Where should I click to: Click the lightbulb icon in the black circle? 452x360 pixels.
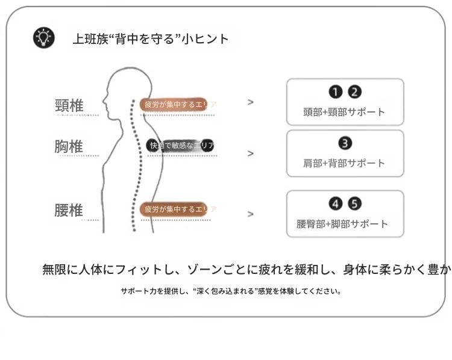click(43, 38)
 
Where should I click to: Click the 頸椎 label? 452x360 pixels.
click(69, 105)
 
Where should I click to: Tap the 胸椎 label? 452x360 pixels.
click(69, 146)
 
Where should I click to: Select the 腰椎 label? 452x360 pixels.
click(69, 210)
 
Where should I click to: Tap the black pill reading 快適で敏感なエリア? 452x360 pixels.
click(180, 145)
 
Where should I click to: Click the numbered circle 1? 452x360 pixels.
click(334, 92)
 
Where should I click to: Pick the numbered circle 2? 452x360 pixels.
click(355, 92)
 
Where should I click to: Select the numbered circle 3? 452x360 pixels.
click(345, 143)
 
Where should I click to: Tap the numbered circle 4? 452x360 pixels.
click(334, 203)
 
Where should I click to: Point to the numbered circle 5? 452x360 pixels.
click(355, 203)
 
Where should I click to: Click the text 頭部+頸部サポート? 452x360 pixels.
click(344, 112)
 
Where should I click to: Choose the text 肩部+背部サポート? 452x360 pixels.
click(344, 163)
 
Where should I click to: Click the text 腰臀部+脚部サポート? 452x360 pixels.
click(342, 224)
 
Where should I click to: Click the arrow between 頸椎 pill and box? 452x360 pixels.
click(250, 102)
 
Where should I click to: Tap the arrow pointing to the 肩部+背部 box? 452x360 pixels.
click(250, 154)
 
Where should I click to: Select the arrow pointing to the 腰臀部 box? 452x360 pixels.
click(250, 214)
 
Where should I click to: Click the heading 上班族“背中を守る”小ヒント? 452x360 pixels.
click(151, 39)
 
